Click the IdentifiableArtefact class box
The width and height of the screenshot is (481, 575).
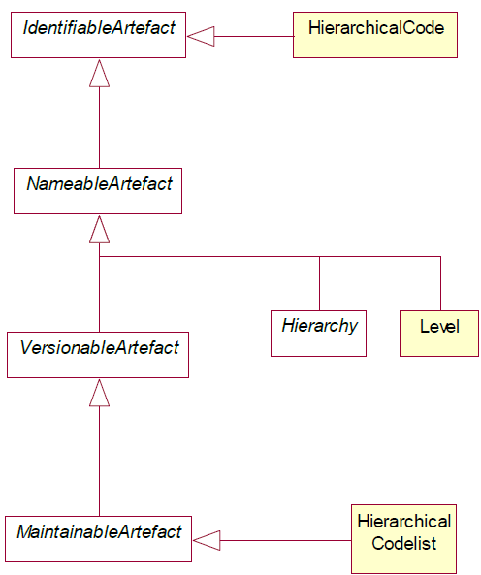(x=98, y=35)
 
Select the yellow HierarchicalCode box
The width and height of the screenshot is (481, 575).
(x=375, y=35)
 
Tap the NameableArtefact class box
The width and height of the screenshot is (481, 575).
(x=98, y=191)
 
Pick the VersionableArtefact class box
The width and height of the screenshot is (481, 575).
(x=98, y=355)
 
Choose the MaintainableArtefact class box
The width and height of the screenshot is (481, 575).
(x=98, y=539)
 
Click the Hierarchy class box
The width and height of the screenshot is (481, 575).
(x=318, y=334)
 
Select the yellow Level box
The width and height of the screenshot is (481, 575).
(x=439, y=334)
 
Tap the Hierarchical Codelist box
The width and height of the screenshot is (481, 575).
(x=403, y=539)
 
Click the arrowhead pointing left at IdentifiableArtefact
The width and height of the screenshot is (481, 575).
(x=201, y=36)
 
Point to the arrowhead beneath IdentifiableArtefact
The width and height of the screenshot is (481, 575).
(x=99, y=74)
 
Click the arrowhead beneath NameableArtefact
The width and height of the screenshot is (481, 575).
(x=99, y=229)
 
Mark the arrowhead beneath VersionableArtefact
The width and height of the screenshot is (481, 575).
(x=99, y=393)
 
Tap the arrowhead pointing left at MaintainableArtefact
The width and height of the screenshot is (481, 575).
(x=207, y=540)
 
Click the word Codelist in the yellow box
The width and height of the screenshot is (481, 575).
(x=404, y=543)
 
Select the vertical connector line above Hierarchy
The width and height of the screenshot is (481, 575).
(x=319, y=283)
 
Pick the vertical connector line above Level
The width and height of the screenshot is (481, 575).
(x=440, y=283)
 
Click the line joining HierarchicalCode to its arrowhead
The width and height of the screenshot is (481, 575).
(x=254, y=36)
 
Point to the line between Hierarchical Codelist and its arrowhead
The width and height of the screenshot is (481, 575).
(x=285, y=540)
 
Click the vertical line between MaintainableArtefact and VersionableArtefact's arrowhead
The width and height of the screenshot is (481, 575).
(x=99, y=462)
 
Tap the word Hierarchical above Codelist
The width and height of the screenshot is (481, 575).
(x=404, y=522)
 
